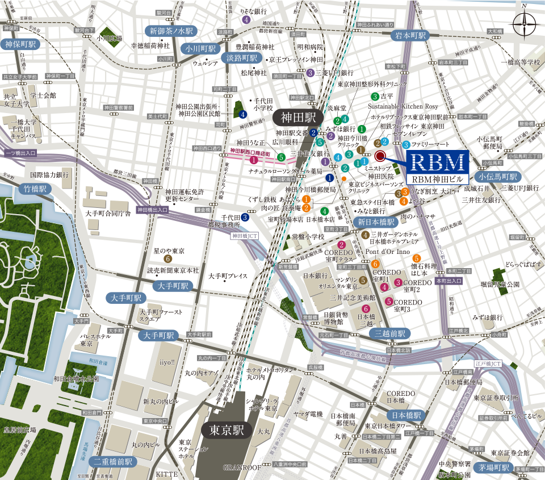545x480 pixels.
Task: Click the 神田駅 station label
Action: pos(297,117)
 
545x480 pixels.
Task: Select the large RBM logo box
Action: pos(437,162)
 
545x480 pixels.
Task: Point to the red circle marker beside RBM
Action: pos(380,155)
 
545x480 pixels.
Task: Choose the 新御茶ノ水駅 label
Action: pos(170,31)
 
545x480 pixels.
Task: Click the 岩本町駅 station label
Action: pos(409,35)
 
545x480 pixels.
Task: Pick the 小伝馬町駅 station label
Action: pos(498,176)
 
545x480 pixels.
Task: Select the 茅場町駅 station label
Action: pos(493,468)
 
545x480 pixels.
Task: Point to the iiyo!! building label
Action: pos(167,361)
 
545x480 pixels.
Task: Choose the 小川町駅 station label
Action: pos(200,49)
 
